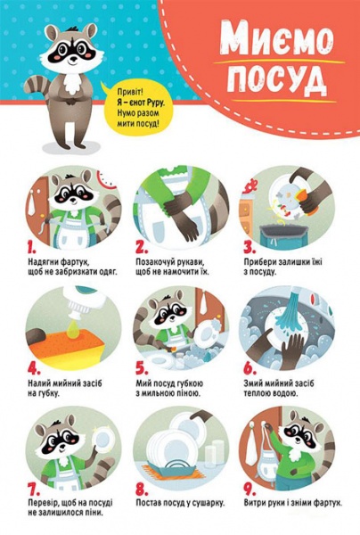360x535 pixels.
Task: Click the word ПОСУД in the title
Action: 277,81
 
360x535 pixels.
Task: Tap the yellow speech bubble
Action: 137,108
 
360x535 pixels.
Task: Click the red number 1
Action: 32,248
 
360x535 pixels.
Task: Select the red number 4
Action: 34,368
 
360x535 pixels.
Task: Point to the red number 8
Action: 142,489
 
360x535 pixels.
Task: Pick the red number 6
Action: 250,368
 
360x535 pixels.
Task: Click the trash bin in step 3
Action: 281,235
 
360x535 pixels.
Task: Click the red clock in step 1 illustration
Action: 108,179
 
